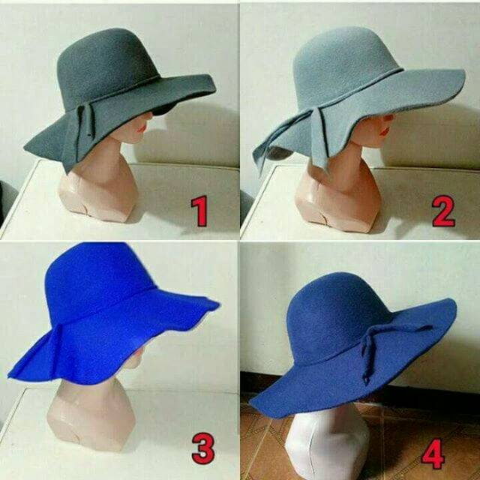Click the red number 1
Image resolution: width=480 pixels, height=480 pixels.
pyautogui.click(x=199, y=211)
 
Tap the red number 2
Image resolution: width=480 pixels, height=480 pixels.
pyautogui.click(x=443, y=211)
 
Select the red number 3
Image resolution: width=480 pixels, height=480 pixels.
pyautogui.click(x=203, y=448)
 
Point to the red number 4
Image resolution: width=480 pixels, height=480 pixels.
pyautogui.click(x=433, y=454)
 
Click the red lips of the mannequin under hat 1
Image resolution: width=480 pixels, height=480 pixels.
pyautogui.click(x=142, y=128)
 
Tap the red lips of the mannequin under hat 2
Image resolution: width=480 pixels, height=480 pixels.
pyautogui.click(x=385, y=132)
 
